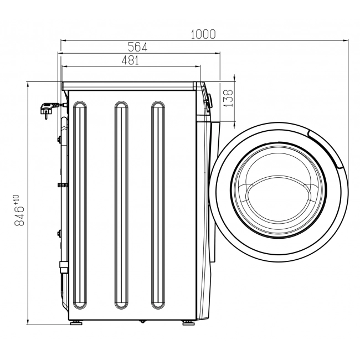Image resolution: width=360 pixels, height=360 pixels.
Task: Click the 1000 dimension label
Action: click(x=203, y=34)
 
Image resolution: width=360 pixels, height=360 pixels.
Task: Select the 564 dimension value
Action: click(x=137, y=47)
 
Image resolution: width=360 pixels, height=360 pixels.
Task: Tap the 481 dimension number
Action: click(x=130, y=60)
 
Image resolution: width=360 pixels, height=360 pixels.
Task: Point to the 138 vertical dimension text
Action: click(x=228, y=98)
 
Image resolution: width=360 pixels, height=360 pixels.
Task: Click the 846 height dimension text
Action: click(x=19, y=216)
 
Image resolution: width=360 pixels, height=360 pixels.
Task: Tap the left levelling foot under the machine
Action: click(x=76, y=323)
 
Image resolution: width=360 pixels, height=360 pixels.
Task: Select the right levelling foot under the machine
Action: click(x=189, y=323)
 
